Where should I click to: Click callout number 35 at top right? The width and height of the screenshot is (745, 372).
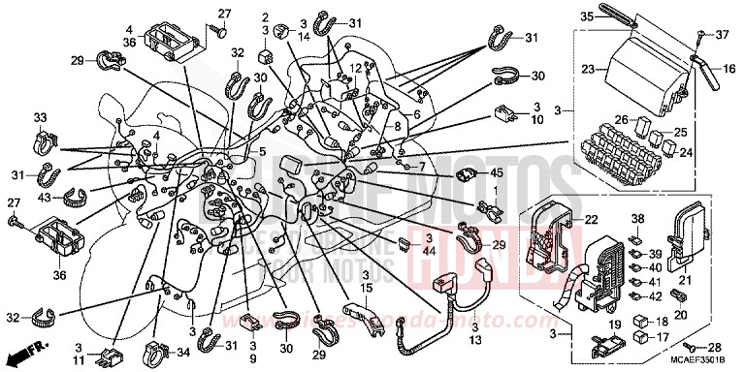586,16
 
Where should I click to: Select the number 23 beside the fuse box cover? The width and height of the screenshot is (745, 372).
588,69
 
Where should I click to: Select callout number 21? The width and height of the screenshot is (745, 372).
693,281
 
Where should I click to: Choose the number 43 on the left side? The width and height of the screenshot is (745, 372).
42,198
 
